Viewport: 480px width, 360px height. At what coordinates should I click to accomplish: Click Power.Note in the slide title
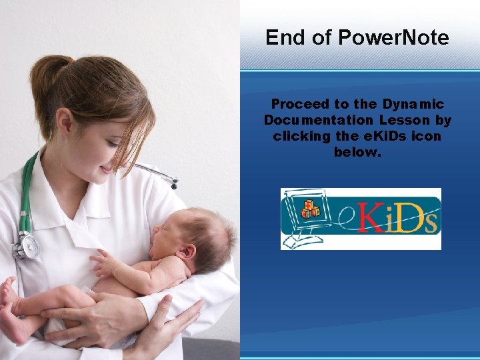pos(393,37)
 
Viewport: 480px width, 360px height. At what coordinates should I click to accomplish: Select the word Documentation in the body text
pos(319,121)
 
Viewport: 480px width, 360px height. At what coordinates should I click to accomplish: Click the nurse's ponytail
pos(41,80)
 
